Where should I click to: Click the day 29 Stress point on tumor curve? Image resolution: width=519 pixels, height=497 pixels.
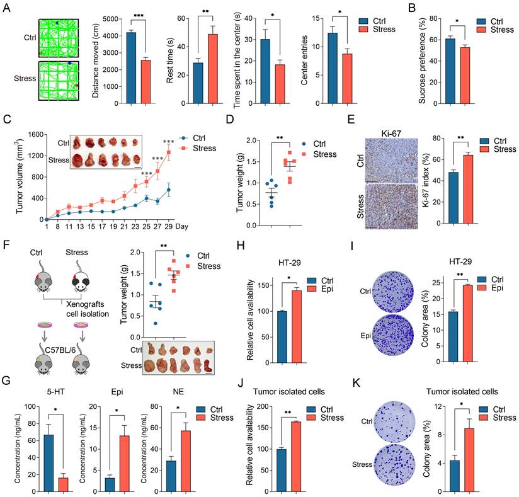point(186,152)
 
